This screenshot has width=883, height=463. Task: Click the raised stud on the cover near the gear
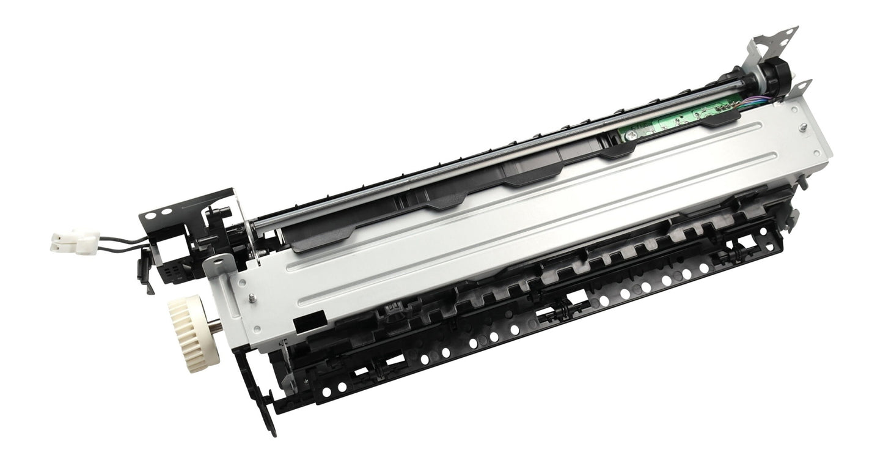tap(251, 298)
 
